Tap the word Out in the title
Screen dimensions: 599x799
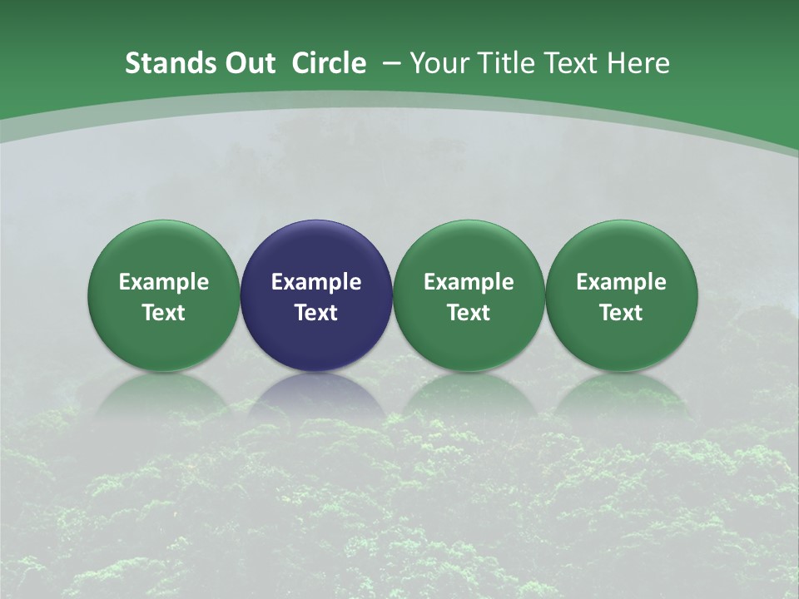tap(246, 63)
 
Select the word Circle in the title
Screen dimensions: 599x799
tap(329, 63)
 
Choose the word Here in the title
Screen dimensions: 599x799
tap(638, 63)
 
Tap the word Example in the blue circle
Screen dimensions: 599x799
tap(316, 282)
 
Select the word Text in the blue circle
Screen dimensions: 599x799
tap(316, 313)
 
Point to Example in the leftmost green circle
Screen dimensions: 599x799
tap(163, 282)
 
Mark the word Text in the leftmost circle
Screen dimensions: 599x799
tap(163, 313)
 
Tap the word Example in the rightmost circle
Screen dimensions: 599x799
tap(621, 282)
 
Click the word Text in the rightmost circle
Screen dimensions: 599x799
tap(621, 313)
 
